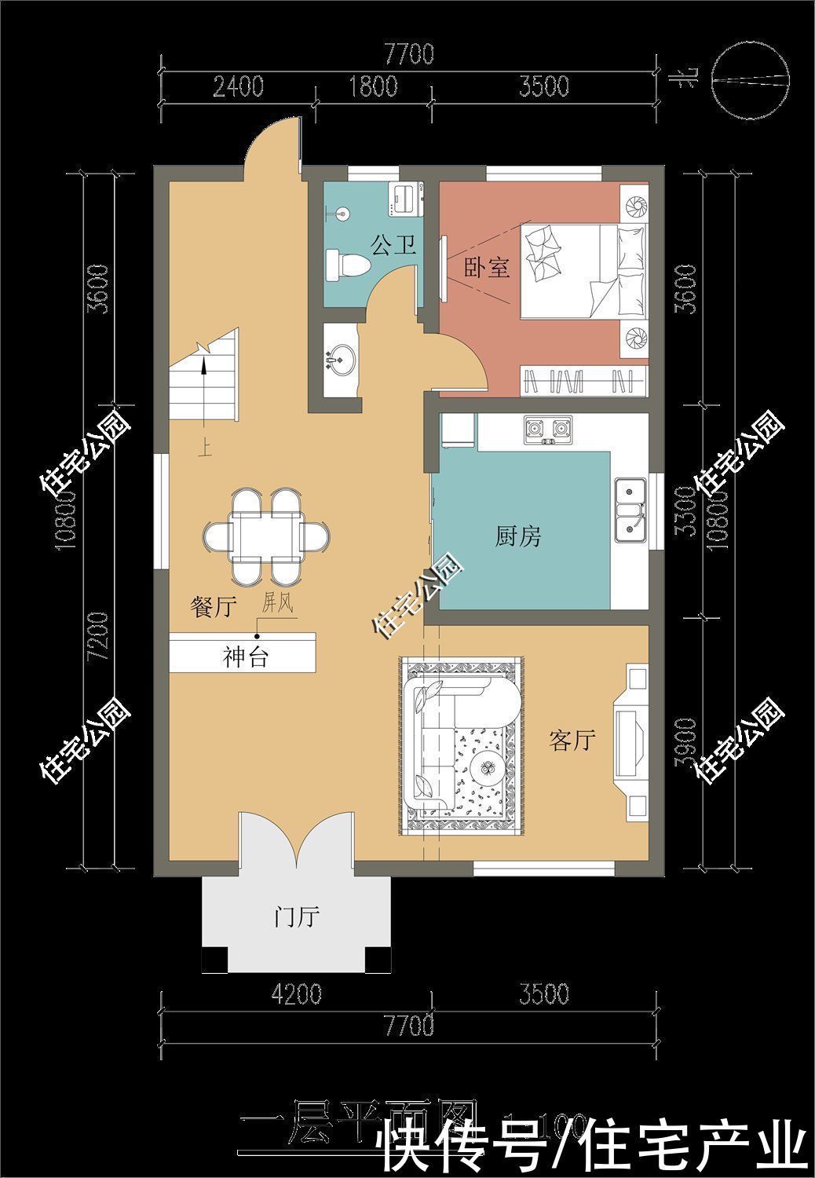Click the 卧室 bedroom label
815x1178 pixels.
click(487, 269)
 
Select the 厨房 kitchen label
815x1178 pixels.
click(517, 537)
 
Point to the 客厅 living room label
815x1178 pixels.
click(572, 739)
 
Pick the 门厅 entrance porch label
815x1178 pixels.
click(296, 916)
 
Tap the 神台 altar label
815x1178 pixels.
click(245, 657)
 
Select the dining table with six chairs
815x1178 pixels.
click(265, 536)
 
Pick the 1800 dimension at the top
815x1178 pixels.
click(373, 86)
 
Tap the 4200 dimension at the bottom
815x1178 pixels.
click(296, 994)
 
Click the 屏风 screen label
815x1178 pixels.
click(277, 603)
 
